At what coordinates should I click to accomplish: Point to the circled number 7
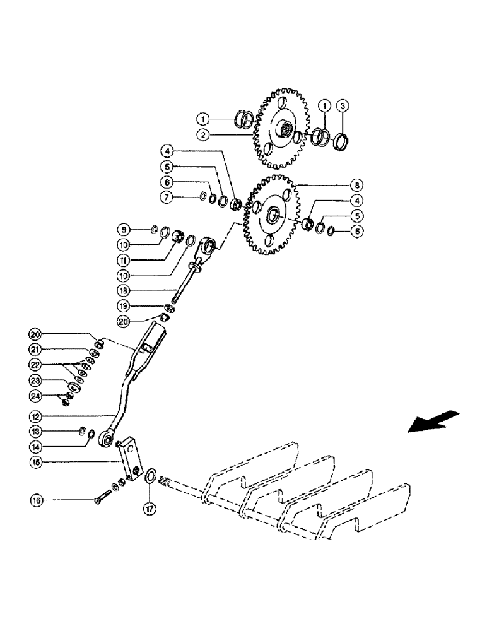coord(167,198)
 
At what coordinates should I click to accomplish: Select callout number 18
coord(124,290)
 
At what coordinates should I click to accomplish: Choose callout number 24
coord(37,396)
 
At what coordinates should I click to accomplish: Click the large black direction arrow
coord(433,421)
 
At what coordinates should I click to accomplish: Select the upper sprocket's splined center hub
coord(286,132)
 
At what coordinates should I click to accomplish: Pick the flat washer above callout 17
coord(151,476)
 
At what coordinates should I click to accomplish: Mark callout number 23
coord(37,380)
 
